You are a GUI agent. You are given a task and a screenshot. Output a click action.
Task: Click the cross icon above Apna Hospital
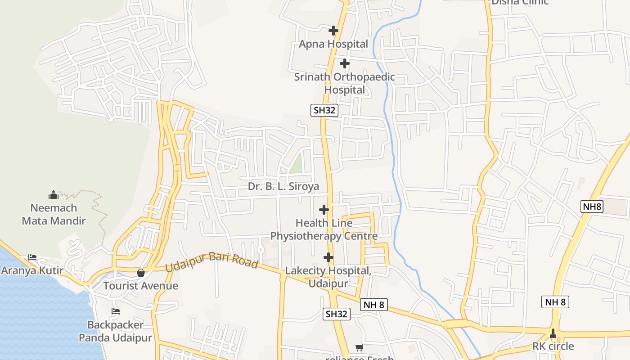pyautogui.click(x=333, y=31)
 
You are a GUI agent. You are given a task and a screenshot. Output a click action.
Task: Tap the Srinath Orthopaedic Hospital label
pyautogui.click(x=344, y=83)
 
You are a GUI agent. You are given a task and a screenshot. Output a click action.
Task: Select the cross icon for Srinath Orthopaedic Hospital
pyautogui.click(x=344, y=63)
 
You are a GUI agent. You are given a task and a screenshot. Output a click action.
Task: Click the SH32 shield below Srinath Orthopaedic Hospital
pyautogui.click(x=324, y=110)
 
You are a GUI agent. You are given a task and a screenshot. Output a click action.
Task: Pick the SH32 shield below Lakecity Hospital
pyautogui.click(x=336, y=314)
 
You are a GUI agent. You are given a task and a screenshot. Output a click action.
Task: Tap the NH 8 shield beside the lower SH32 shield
pyautogui.click(x=373, y=305)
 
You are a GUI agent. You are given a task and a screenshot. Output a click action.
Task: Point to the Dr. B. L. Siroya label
pyautogui.click(x=283, y=186)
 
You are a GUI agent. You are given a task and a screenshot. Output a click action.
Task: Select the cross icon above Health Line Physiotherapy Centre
pyautogui.click(x=324, y=210)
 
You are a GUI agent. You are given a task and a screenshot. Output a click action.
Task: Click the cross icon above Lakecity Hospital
pyautogui.click(x=328, y=257)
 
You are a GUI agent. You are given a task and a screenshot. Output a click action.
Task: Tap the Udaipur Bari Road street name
pyautogui.click(x=211, y=261)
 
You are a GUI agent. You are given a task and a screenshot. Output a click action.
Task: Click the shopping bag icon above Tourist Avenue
pyautogui.click(x=141, y=273)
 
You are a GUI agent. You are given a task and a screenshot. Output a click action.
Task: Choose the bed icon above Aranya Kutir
pyautogui.click(x=32, y=257)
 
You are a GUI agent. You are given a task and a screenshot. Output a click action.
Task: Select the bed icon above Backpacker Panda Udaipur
pyautogui.click(x=116, y=311)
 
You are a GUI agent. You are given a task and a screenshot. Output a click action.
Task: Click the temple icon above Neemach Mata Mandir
pyautogui.click(x=54, y=195)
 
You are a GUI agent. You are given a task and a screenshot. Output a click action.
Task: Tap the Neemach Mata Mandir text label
pyautogui.click(x=54, y=214)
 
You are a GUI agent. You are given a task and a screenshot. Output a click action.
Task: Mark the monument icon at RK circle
pyautogui.click(x=553, y=333)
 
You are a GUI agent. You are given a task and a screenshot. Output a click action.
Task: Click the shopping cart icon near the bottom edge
pyautogui.click(x=359, y=347)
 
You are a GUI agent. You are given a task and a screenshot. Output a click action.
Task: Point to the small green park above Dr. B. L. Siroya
pyautogui.click(x=296, y=164)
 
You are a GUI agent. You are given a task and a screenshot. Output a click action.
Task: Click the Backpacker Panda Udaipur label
pyautogui.click(x=115, y=331)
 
